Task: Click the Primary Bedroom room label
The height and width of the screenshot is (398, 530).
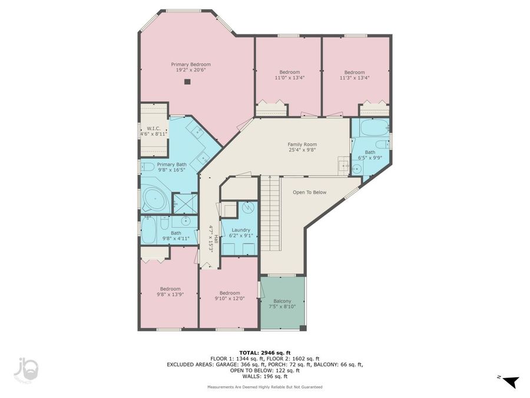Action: click(191, 67)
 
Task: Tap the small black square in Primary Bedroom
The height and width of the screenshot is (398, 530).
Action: click(187, 82)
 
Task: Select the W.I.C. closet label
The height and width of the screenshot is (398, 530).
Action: click(154, 131)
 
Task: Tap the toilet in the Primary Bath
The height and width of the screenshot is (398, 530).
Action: click(148, 167)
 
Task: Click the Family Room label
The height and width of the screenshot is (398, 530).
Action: click(302, 147)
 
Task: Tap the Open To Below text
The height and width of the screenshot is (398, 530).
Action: click(310, 192)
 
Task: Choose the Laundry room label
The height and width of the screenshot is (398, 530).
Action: click(240, 233)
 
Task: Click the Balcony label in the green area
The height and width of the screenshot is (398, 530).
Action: click(282, 304)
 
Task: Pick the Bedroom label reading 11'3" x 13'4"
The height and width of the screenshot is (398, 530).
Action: click(355, 75)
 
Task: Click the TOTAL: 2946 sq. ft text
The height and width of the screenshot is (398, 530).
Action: click(264, 353)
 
